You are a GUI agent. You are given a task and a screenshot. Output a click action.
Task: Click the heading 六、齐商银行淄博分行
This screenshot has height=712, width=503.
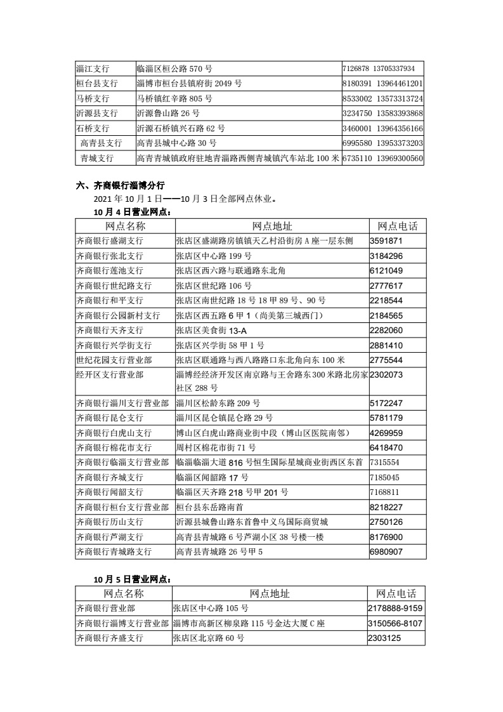120,186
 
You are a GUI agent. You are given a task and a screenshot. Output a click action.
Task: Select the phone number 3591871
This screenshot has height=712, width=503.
386,241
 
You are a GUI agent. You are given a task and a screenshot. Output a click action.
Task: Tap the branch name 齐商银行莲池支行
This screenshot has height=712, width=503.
109,271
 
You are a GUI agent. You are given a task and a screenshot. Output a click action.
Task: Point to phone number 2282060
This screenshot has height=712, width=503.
386,330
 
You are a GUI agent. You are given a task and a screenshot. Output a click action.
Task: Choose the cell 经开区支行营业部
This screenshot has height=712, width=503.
110,374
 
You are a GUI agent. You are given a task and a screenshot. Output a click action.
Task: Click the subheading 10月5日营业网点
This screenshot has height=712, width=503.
132,579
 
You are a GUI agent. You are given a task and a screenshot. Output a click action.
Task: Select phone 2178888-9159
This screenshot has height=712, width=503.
395,609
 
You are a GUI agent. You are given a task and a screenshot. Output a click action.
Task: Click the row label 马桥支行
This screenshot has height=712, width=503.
93,98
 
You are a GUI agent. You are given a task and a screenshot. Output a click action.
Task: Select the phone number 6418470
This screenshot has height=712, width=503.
386,448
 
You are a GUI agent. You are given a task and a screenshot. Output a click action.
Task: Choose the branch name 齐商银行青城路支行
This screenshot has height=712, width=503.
114,551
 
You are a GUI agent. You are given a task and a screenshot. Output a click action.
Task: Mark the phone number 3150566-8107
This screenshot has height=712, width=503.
395,623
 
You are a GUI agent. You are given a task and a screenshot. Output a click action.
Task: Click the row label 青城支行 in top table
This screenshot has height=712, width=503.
97,157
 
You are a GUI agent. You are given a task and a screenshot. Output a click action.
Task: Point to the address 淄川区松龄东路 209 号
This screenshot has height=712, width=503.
218,403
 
